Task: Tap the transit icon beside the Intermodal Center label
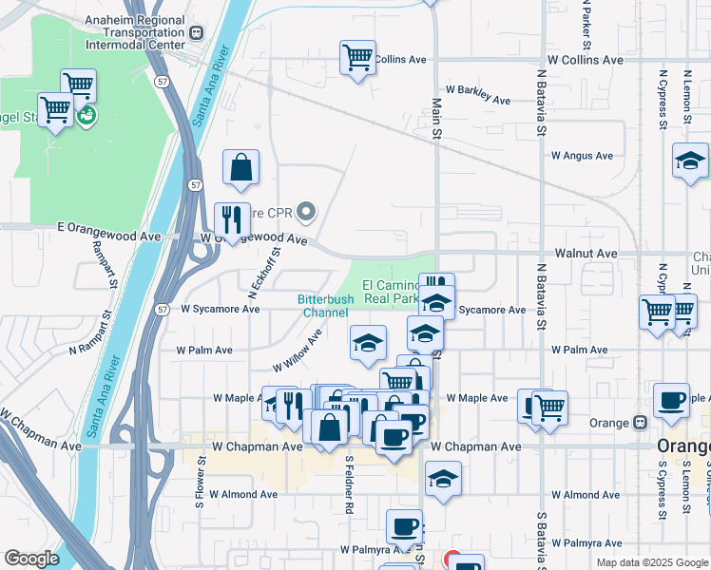click(197, 32)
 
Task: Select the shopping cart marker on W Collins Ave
click(357, 59)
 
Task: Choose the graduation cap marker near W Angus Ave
click(690, 161)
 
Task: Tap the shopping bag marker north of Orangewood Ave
click(241, 167)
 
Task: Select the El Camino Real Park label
click(391, 292)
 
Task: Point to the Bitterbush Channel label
click(326, 305)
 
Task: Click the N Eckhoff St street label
click(263, 270)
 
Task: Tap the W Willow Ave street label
click(297, 351)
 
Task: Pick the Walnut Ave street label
click(586, 255)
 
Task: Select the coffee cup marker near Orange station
click(671, 401)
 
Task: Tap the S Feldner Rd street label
click(350, 484)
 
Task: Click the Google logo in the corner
click(31, 559)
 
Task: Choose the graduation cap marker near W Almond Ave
click(443, 480)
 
